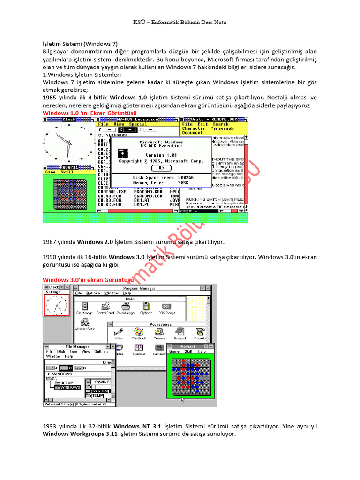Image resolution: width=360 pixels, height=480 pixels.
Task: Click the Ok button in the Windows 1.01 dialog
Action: click(161, 168)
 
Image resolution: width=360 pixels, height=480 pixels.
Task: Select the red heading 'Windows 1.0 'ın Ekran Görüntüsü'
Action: click(90, 113)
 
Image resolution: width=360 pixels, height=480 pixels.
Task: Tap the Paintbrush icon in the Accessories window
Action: click(139, 332)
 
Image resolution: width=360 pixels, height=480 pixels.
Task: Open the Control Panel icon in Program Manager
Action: click(105, 307)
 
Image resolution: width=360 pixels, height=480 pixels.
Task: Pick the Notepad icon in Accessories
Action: click(180, 332)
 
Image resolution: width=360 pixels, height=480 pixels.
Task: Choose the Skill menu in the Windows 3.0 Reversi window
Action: click(188, 351)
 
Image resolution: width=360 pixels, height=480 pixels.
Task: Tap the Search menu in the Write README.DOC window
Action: click(220, 124)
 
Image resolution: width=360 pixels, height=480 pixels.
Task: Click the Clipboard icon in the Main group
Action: click(146, 307)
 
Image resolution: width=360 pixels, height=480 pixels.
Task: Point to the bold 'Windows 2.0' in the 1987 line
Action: click(96, 242)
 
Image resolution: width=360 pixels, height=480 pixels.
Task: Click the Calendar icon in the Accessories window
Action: click(139, 349)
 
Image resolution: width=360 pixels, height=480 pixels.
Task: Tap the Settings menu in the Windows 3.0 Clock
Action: click(53, 292)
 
